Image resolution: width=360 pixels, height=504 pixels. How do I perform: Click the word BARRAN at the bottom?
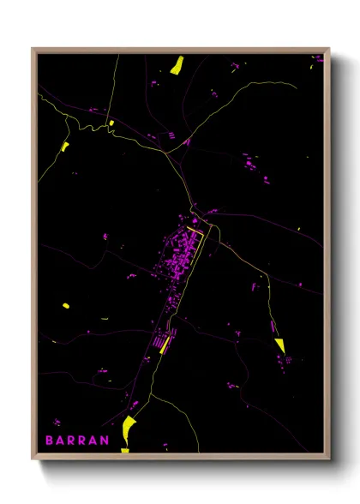click(77, 441)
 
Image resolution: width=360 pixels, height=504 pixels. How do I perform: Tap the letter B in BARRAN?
click(50, 441)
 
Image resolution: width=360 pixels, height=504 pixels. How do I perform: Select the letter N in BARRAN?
click(105, 441)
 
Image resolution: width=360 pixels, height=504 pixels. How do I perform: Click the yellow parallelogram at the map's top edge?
click(177, 64)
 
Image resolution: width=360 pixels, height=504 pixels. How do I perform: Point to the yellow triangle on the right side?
click(279, 345)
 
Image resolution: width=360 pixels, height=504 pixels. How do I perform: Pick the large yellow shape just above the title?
click(129, 423)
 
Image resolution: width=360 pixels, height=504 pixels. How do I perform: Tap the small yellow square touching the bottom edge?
click(124, 449)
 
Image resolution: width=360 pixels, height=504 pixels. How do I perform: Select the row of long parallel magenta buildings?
click(159, 344)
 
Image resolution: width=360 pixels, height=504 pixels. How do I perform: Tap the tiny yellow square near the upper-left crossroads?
click(111, 123)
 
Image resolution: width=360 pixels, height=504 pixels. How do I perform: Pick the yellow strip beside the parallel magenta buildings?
click(166, 344)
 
